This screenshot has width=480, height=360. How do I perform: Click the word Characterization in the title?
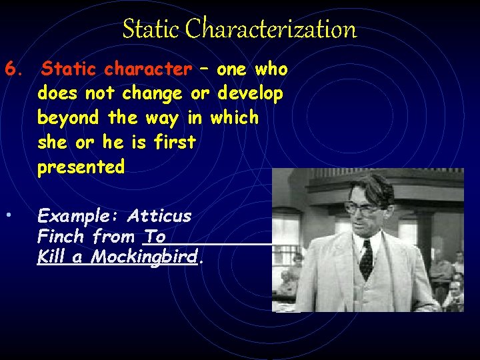[271, 29]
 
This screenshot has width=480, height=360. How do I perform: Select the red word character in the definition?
[147, 69]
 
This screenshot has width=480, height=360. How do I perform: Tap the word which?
[234, 118]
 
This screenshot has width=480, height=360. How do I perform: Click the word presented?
[81, 167]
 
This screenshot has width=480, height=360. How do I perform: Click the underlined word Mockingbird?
[145, 257]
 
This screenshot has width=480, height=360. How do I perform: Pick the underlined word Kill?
[51, 257]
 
